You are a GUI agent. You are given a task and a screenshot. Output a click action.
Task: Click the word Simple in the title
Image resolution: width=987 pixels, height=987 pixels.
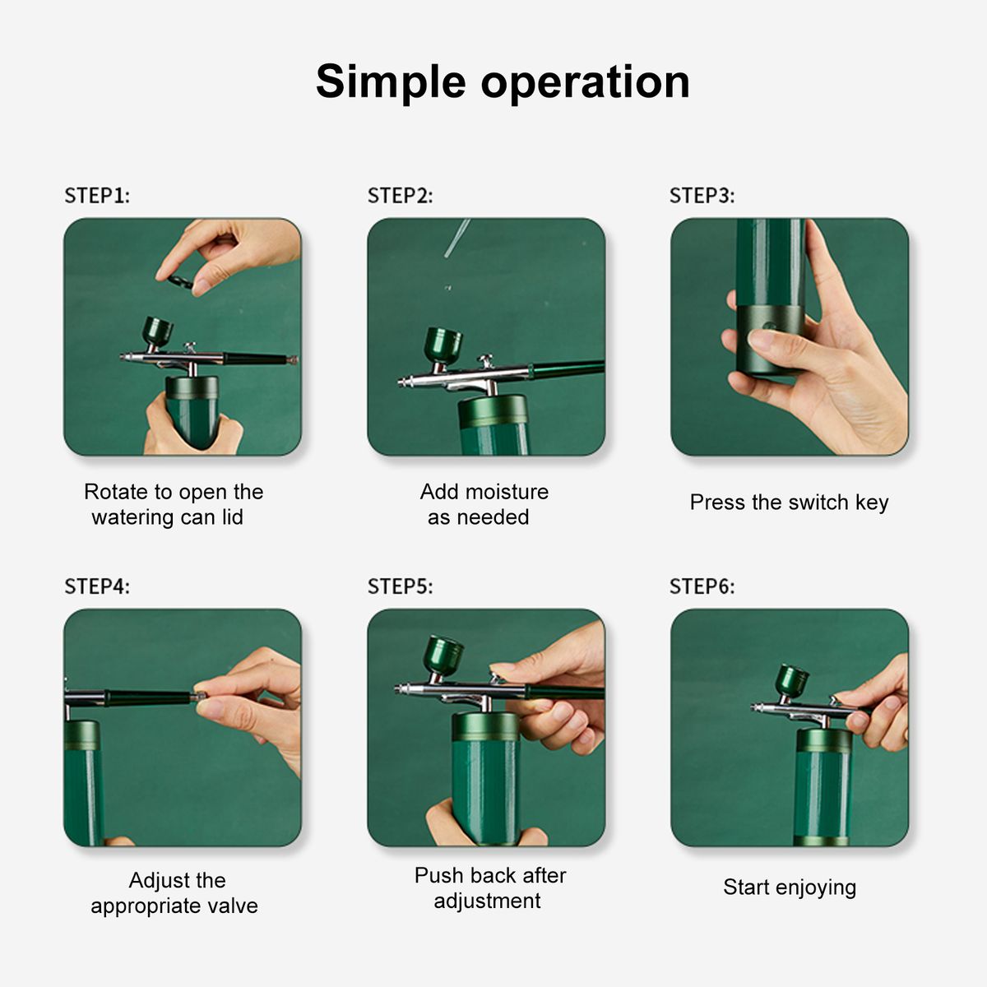391,82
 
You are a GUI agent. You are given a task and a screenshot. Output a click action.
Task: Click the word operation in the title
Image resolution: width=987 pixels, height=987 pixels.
586,82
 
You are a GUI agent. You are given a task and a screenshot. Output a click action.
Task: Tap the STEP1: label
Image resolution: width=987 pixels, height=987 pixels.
97,196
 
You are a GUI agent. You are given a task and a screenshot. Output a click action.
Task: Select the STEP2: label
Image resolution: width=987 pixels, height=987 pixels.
400,196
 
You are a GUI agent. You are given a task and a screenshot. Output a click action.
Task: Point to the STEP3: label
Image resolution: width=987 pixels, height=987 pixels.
702,196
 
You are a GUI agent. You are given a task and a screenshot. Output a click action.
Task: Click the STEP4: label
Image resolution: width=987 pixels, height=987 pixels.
97,586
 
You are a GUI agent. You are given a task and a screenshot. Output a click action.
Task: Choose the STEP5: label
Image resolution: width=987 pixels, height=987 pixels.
400,586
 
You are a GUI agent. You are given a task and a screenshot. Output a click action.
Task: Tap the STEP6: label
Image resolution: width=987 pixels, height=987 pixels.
702,586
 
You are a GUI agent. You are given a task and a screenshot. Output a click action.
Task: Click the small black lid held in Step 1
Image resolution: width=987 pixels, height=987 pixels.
180,281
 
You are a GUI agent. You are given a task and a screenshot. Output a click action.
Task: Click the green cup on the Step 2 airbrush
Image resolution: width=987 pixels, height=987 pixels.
443,346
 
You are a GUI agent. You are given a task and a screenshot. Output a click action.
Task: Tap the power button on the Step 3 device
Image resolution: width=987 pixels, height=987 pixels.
767,325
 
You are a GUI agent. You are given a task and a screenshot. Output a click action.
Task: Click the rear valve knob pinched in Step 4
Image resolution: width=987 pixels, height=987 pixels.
199,696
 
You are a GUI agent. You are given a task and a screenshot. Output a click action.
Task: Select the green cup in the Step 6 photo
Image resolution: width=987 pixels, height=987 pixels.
792,680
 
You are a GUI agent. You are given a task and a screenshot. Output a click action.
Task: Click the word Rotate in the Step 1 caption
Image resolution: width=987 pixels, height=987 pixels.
115,492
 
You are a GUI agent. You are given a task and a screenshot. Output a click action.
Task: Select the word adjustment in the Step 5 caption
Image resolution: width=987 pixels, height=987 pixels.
487,901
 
